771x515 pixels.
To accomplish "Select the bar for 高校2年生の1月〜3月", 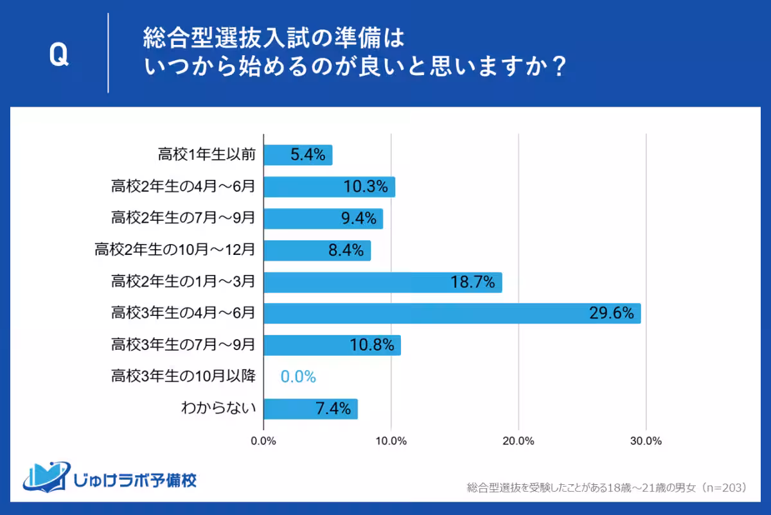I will click(x=382, y=282).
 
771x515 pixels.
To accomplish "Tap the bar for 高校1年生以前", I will click(x=297, y=155).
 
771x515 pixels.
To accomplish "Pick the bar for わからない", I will click(x=310, y=408).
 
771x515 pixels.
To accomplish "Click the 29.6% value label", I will click(x=611, y=313).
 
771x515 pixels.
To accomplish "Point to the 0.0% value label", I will click(x=298, y=377).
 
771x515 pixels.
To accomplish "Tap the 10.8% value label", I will click(x=371, y=345).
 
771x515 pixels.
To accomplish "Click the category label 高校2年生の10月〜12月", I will click(x=175, y=250).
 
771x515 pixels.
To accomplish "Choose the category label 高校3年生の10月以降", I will click(x=183, y=376).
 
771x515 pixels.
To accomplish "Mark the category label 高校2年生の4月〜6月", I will click(x=183, y=187).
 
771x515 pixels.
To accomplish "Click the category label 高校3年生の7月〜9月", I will click(x=183, y=345).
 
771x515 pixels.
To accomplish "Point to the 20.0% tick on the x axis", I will click(x=518, y=441).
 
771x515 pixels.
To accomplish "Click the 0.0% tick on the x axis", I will click(x=263, y=441).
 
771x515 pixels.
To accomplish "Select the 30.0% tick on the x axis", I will click(x=645, y=441).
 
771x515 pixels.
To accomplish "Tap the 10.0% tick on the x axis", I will click(x=391, y=441).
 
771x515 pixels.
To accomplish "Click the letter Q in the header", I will click(x=58, y=57).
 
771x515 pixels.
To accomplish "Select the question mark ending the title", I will click(x=558, y=67).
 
